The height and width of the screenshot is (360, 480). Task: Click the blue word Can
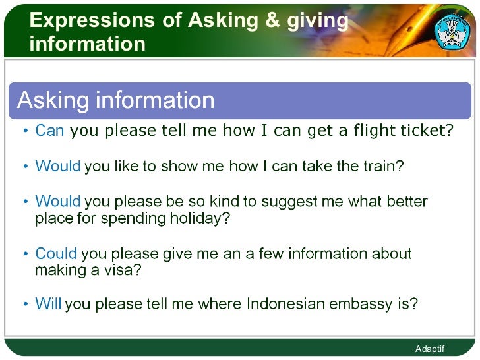click(49, 131)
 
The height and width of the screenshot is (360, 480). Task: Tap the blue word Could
click(56, 254)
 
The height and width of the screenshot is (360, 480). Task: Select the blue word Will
click(48, 305)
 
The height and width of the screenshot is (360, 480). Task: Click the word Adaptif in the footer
click(430, 349)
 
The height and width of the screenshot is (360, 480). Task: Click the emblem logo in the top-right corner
click(451, 32)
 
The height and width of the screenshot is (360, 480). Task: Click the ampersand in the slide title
click(271, 20)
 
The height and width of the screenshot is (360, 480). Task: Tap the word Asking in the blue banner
click(53, 100)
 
